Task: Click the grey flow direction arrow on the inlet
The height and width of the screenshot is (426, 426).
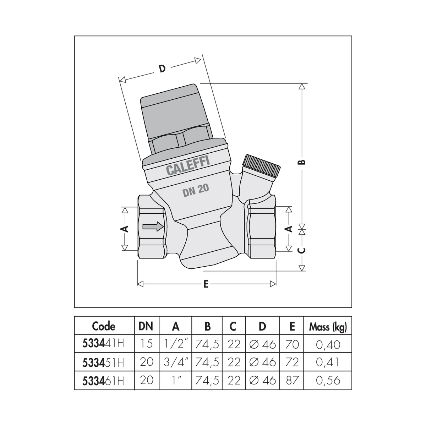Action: (153, 226)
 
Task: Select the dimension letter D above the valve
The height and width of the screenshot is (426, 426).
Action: (162, 69)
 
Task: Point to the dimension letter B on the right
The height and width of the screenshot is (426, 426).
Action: (302, 162)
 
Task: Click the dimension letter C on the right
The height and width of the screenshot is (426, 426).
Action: (302, 251)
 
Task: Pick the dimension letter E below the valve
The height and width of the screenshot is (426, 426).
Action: (206, 284)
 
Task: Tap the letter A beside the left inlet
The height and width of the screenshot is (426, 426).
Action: (125, 229)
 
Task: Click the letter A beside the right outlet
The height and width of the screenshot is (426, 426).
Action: (289, 229)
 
